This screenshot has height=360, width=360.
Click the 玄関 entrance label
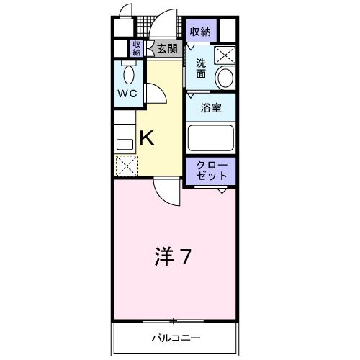tap(166, 48)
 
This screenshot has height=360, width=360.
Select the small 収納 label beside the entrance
tap(136, 48)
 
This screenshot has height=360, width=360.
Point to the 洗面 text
tap(202, 68)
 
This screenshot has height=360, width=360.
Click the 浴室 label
tap(210, 108)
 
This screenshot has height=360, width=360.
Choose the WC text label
tap(127, 93)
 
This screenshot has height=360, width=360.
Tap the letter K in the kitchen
tap(146, 137)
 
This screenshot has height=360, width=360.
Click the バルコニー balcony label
tap(175, 338)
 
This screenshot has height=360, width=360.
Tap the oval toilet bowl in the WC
tap(130, 74)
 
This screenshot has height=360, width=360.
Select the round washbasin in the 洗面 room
tap(225, 78)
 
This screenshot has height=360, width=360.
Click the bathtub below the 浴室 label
tap(210, 138)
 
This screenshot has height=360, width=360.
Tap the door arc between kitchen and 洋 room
tap(167, 190)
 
